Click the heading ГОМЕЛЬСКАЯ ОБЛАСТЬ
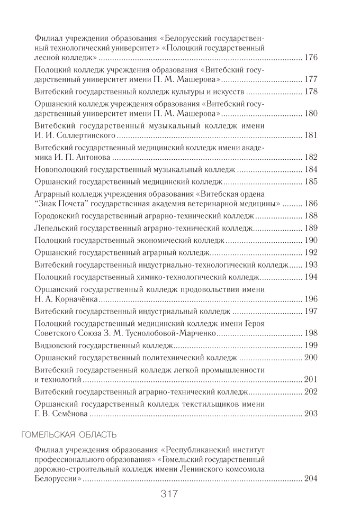68,435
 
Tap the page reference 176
311,57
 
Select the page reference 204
311,479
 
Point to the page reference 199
311,345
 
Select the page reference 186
311,203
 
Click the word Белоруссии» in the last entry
58,479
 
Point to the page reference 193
311,264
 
